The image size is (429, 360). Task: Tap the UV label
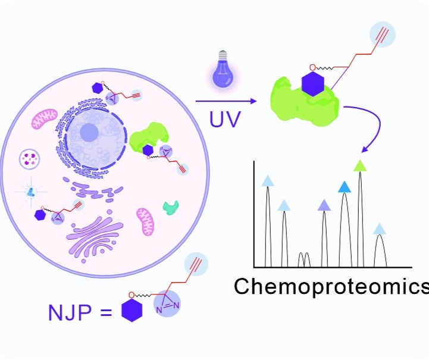point(226,119)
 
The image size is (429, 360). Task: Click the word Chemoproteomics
point(331,286)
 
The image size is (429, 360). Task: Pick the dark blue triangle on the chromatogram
point(344,187)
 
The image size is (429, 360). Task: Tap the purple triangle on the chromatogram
point(324,205)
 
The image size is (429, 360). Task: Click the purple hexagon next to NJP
point(132,311)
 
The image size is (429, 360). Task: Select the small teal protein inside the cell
point(171,208)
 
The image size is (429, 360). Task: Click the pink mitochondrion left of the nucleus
point(45,118)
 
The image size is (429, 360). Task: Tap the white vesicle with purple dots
point(29,159)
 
